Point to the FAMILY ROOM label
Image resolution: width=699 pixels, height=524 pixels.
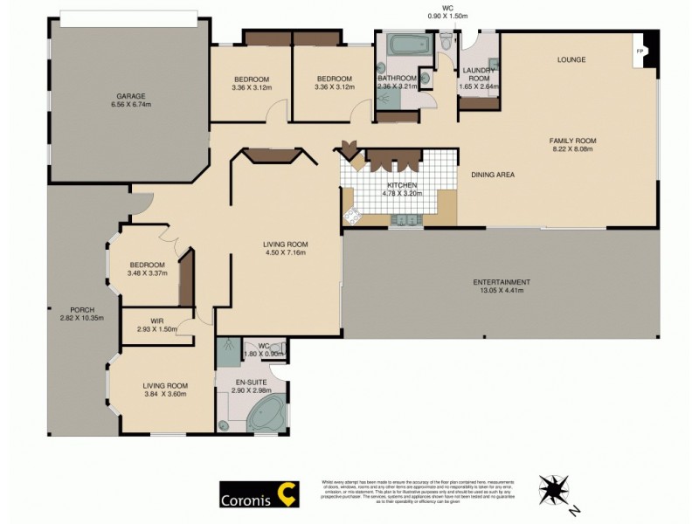[x=571, y=140]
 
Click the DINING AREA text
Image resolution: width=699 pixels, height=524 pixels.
[x=493, y=175]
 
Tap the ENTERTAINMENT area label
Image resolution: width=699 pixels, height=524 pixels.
[x=502, y=282]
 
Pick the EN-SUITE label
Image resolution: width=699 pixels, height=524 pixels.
[x=250, y=382]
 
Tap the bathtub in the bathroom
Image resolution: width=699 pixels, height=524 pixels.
[x=404, y=44]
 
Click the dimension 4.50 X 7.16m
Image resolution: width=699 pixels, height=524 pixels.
[x=287, y=253]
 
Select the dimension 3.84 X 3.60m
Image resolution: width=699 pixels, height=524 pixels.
[x=165, y=394]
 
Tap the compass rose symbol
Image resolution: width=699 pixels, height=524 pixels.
[x=555, y=486]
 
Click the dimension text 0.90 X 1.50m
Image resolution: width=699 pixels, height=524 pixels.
[x=447, y=17]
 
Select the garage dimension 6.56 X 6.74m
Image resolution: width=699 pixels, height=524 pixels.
[x=129, y=105]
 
